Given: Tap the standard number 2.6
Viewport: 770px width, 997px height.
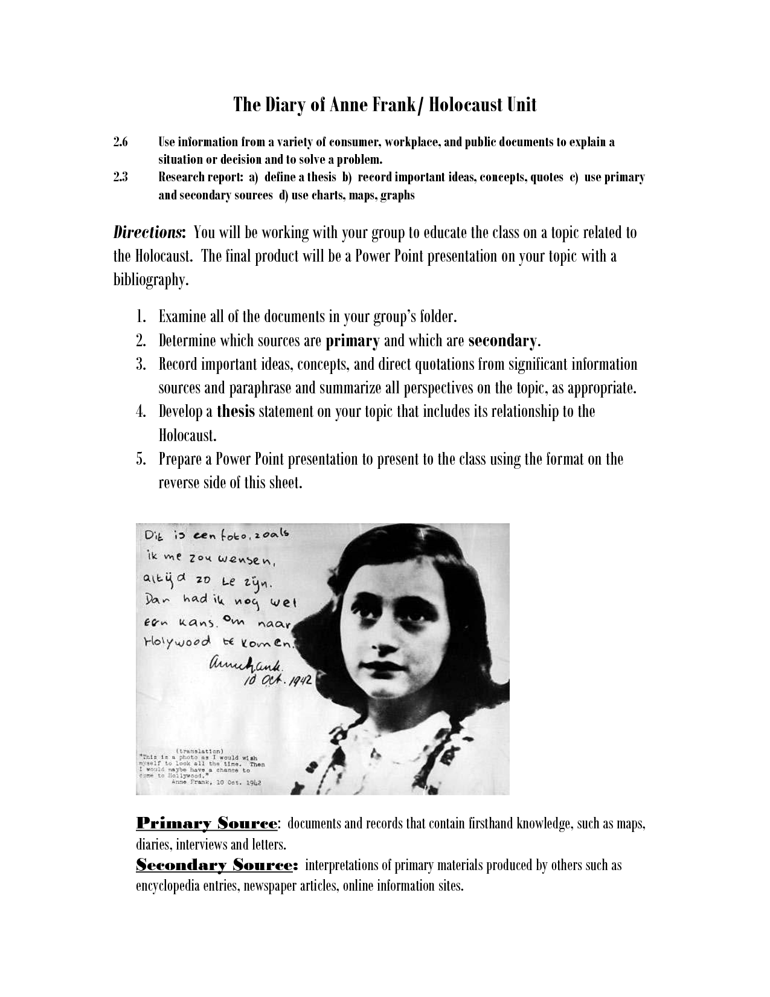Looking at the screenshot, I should click(121, 143).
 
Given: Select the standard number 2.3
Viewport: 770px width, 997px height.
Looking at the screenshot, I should click(121, 178).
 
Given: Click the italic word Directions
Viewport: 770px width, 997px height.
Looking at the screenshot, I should click(149, 233).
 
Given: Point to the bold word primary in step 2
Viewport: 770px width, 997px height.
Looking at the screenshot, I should click(352, 341).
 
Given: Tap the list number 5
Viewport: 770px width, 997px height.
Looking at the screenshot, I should click(141, 459).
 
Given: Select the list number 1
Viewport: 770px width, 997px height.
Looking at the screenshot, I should click(141, 317).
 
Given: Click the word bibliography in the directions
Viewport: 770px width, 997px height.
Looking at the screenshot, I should click(147, 280).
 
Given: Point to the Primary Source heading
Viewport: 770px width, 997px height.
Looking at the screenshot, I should click(206, 824).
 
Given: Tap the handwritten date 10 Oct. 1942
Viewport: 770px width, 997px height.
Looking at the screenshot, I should click(277, 681).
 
